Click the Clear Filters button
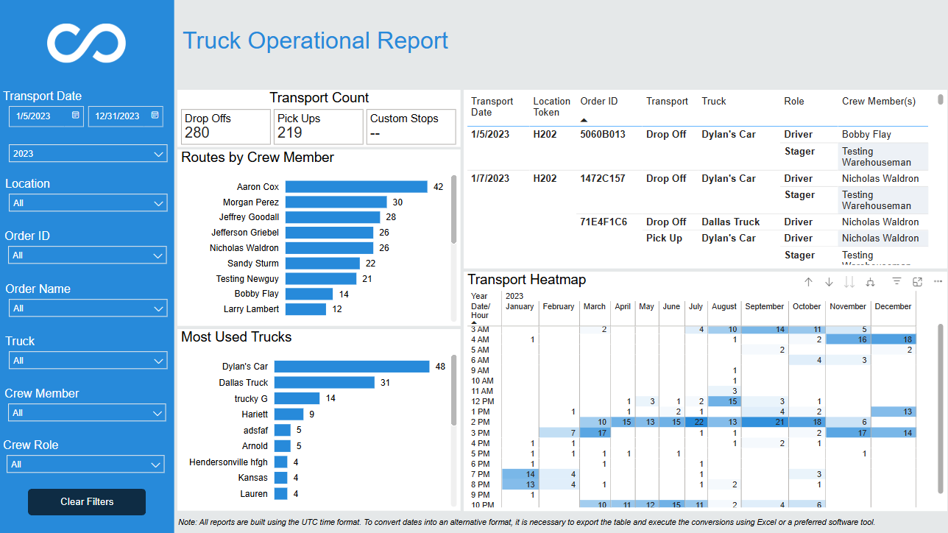click(x=87, y=501)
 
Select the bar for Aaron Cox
click(x=356, y=187)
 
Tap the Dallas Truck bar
click(x=324, y=383)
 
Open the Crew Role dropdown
click(x=85, y=465)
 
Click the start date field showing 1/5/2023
click(x=46, y=116)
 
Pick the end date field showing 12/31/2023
click(x=126, y=116)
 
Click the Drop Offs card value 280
click(x=197, y=133)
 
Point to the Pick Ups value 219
click(x=289, y=133)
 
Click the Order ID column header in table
click(x=599, y=101)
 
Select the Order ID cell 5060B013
click(x=603, y=134)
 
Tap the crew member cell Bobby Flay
click(x=866, y=134)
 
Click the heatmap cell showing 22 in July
click(x=696, y=422)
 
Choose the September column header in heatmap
click(x=764, y=306)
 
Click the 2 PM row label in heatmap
click(x=481, y=422)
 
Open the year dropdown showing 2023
click(x=88, y=153)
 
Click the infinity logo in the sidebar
click(x=86, y=43)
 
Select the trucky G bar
click(x=297, y=398)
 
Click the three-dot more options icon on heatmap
click(x=938, y=281)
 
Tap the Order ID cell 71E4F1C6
click(x=603, y=222)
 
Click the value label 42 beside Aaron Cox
click(x=439, y=187)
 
